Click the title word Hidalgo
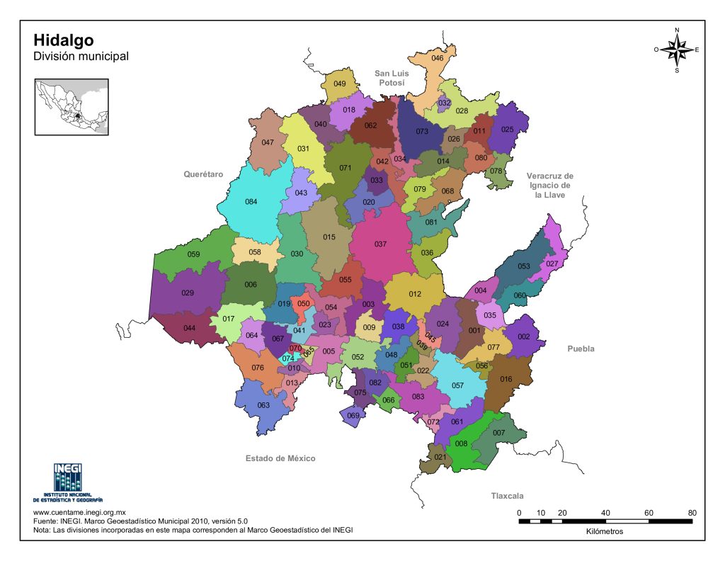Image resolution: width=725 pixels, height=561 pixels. point(63,40)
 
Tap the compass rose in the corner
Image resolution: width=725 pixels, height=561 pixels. point(677,50)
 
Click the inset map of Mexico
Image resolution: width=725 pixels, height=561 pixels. point(72,107)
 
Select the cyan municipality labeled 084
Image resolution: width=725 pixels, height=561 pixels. point(251,202)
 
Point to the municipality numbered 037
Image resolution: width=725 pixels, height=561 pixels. point(380,244)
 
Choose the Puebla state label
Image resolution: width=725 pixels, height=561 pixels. point(581,348)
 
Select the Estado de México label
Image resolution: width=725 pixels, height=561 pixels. point(280,458)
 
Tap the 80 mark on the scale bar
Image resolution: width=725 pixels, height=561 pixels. point(692,513)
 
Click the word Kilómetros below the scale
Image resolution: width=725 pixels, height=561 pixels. point(605,532)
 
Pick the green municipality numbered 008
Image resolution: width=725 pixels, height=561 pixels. point(462,445)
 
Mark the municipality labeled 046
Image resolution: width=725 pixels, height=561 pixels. point(437,58)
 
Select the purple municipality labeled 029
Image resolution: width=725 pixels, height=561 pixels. point(188,293)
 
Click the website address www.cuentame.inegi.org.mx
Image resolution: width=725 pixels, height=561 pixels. point(79,512)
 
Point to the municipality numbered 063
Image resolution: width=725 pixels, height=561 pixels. point(263,406)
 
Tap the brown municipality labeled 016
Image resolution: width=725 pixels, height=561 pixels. point(506,380)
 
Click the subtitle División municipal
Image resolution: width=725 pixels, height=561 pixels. point(81,56)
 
